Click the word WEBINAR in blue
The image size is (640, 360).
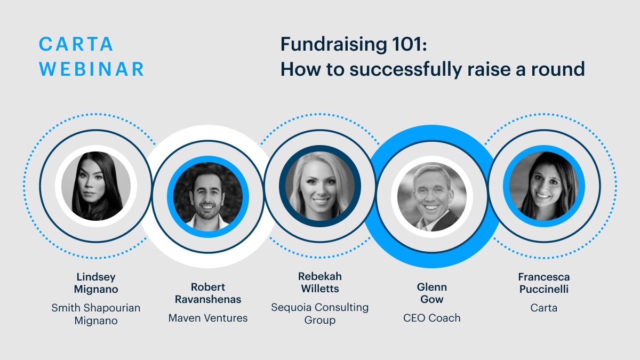91,69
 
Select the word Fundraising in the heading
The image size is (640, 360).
334,45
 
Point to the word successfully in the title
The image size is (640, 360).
405,70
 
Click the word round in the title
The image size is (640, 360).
558,69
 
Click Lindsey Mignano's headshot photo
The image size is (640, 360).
96,186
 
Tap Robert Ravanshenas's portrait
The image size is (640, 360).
208,197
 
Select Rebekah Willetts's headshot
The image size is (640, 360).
320,186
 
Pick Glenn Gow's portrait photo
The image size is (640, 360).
432,197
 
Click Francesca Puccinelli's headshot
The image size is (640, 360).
544,186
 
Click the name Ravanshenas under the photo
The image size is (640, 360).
208,299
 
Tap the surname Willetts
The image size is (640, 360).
320,289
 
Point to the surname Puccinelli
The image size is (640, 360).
544,289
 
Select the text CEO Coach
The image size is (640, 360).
432,318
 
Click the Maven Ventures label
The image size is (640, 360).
208,318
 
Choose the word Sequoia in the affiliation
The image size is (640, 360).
290,308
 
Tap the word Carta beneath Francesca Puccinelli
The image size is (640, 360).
544,308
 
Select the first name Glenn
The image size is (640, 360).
432,287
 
